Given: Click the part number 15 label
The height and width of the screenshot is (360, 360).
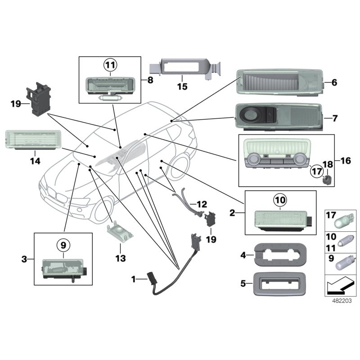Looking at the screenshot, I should point(182,86).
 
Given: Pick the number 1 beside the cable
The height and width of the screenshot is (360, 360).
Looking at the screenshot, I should point(133,280).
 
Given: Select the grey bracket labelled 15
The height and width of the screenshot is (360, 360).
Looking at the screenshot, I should point(182,68).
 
